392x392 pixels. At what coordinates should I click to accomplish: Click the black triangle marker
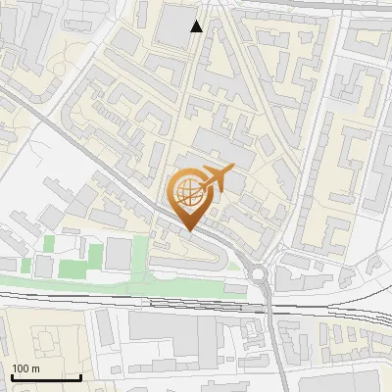pos(197,26)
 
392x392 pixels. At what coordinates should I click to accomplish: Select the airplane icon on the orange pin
pos(214,179)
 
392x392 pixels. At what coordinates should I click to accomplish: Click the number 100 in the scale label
pos(21,368)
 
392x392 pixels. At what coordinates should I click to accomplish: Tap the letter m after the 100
pos(35,368)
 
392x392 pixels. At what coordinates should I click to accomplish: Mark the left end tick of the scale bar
pos(11,375)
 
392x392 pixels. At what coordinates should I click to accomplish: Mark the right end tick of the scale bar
pos(80,375)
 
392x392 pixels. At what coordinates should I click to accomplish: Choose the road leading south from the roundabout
pos(273,333)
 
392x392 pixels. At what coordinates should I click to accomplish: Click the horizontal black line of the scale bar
pos(45,377)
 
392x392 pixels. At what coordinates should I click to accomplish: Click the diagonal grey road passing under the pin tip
pos(147,196)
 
